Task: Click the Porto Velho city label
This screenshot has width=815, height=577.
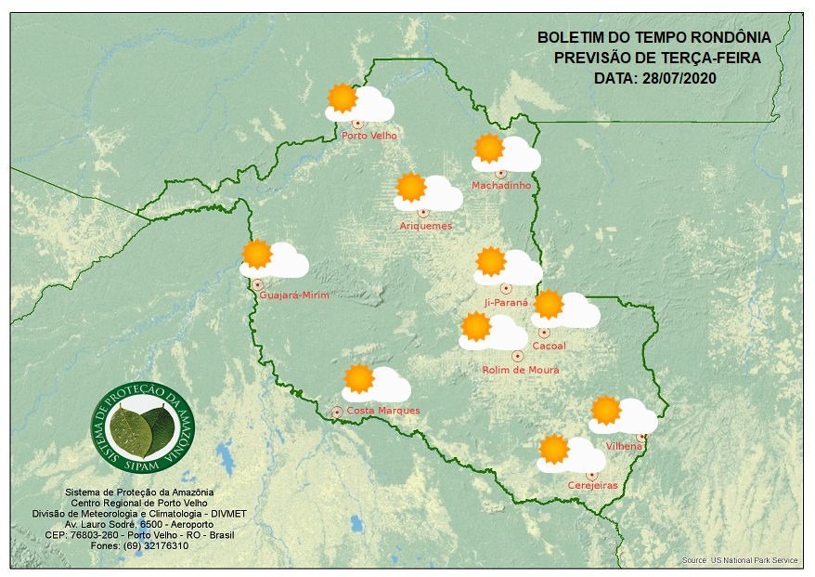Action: point(369,136)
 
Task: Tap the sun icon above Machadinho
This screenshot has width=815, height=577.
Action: point(488,148)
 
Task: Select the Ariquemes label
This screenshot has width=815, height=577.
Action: point(426,226)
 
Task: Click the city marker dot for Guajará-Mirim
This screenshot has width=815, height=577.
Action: point(257,284)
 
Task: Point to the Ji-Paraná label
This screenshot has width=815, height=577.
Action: point(506,303)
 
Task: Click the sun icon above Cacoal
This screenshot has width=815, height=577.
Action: point(548,304)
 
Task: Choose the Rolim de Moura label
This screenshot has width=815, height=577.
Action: point(520,370)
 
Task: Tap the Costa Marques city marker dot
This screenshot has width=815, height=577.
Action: point(336,412)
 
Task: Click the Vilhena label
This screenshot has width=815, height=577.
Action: point(624,446)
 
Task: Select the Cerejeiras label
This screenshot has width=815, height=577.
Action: point(591,485)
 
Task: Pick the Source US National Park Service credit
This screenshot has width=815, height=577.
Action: point(739,560)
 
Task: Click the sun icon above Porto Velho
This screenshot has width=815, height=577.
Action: point(343,98)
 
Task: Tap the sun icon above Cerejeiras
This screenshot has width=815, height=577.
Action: point(554,449)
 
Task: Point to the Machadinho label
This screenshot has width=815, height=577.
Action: point(501,186)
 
